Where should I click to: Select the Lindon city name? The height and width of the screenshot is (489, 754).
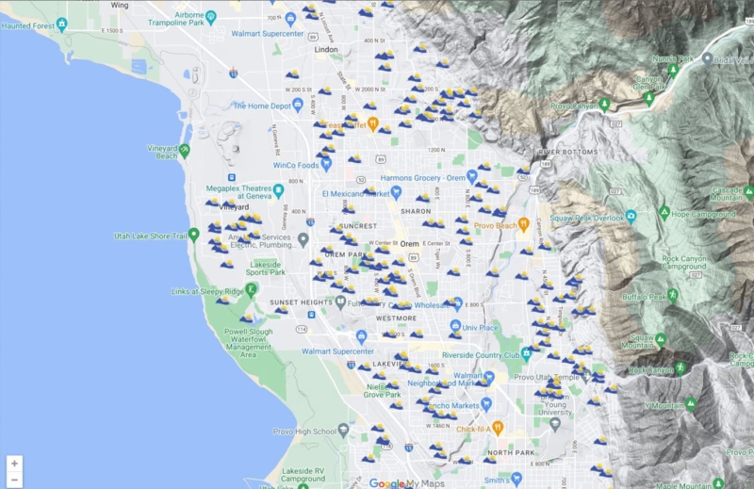click(x=327, y=48)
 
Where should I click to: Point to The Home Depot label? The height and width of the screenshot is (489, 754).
click(x=263, y=106)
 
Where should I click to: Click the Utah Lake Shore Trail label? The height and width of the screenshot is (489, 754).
click(x=149, y=236)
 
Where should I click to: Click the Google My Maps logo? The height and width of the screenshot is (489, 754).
click(x=407, y=482)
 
